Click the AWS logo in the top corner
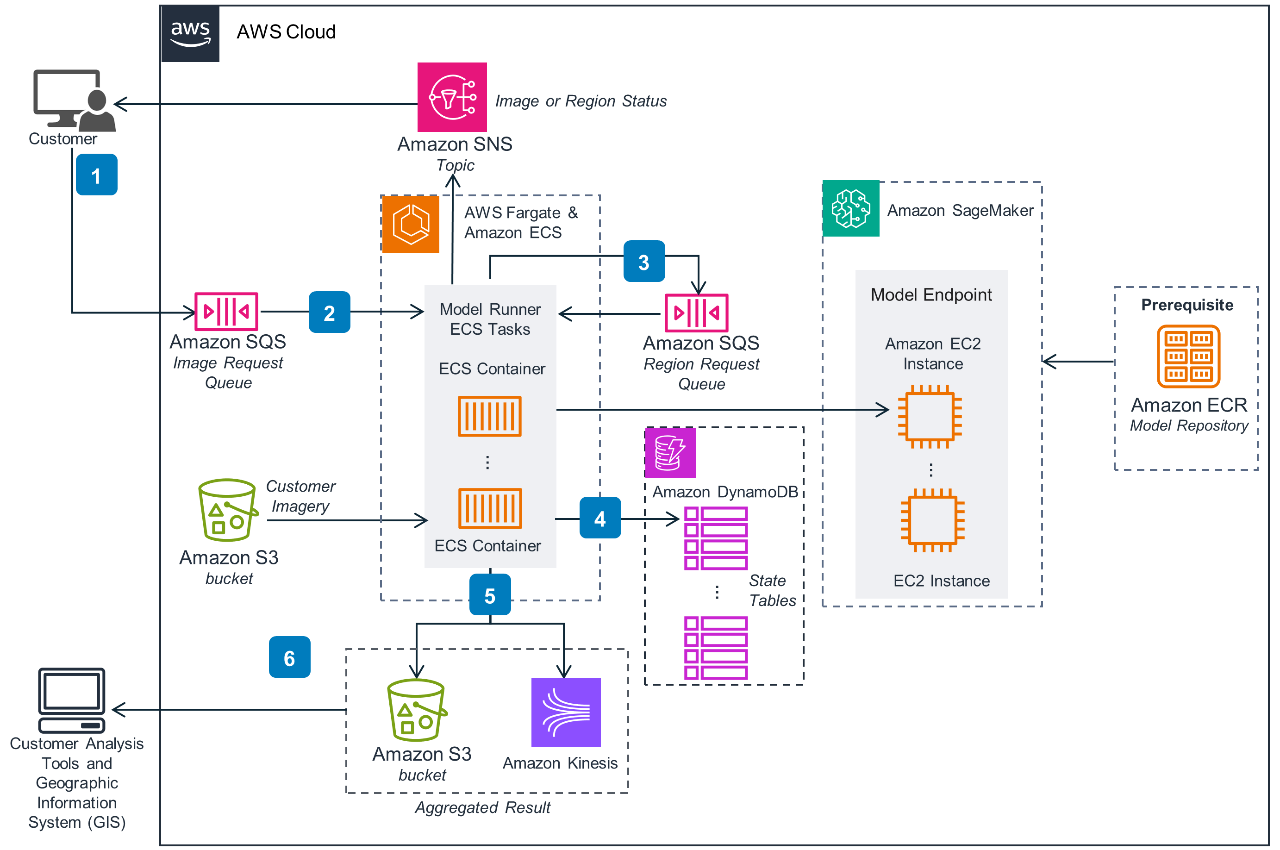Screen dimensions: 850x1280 tap(190, 34)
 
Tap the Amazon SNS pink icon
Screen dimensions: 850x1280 tap(452, 97)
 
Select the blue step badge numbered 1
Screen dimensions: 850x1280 tap(96, 175)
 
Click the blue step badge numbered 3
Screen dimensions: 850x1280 tap(644, 261)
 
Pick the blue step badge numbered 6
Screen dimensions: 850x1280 tap(289, 657)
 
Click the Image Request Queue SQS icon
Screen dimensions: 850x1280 tap(226, 312)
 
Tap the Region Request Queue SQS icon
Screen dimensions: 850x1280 tap(696, 313)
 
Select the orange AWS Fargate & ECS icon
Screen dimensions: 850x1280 tap(411, 224)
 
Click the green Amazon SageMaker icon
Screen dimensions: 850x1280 tap(851, 208)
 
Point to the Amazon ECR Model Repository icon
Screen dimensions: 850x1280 tap(1188, 356)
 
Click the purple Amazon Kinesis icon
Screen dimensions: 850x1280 tap(566, 712)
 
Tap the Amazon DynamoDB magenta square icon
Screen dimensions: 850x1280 tap(670, 453)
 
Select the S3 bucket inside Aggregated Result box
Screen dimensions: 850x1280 tap(416, 710)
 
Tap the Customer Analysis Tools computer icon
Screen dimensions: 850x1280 tap(72, 700)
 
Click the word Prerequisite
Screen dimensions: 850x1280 tap(1187, 305)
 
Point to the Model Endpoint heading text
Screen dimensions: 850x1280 tap(931, 294)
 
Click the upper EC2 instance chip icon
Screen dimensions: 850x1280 tap(930, 416)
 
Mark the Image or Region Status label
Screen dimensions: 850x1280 tap(581, 101)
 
